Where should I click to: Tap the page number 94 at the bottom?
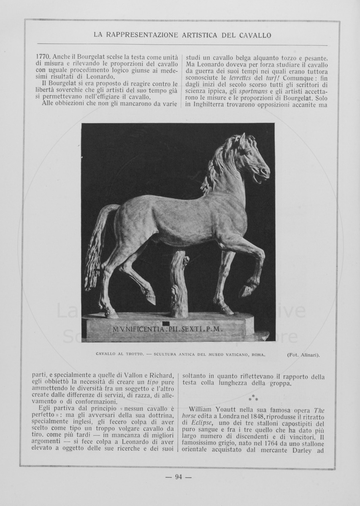tap(178, 477)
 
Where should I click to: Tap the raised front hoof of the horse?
tap(246, 291)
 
